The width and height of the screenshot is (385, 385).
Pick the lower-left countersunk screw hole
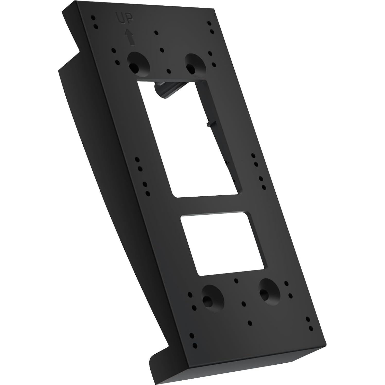[207, 299]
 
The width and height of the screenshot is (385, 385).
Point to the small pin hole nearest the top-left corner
[93, 18]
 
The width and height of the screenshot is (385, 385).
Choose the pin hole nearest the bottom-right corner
[311, 328]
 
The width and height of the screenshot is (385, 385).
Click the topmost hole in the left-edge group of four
[137, 160]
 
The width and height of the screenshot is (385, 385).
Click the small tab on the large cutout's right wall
[210, 124]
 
